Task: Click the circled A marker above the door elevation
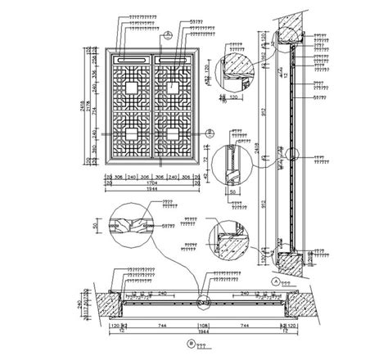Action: point(167,34)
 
